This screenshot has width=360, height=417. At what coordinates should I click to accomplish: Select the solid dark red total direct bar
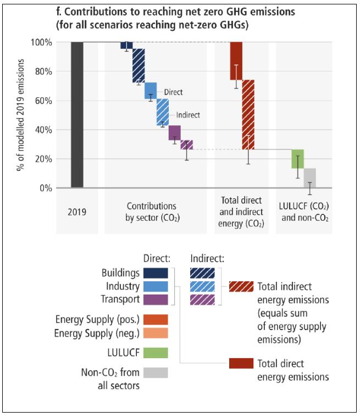pyautogui.click(x=236, y=60)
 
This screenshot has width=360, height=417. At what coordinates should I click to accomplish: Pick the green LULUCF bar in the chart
pyautogui.click(x=297, y=159)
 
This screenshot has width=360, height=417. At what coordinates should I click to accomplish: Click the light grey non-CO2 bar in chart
pyautogui.click(x=309, y=178)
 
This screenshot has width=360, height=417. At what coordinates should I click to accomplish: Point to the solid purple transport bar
pyautogui.click(x=175, y=132)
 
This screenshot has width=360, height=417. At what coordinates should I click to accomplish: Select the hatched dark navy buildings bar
pyautogui.click(x=139, y=65)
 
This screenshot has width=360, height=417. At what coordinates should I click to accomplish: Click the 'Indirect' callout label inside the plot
pyautogui.click(x=187, y=115)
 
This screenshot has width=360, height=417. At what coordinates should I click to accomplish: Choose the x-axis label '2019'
pyautogui.click(x=77, y=210)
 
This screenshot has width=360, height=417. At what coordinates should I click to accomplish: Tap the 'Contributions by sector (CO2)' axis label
pyautogui.click(x=152, y=211)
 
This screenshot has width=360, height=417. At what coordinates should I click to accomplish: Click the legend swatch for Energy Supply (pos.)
pyautogui.click(x=155, y=319)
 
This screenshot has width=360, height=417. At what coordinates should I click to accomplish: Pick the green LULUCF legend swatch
pyautogui.click(x=155, y=353)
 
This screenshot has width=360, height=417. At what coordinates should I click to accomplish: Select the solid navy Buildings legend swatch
pyautogui.click(x=155, y=273)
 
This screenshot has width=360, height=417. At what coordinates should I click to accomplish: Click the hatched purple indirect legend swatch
pyautogui.click(x=203, y=299)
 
